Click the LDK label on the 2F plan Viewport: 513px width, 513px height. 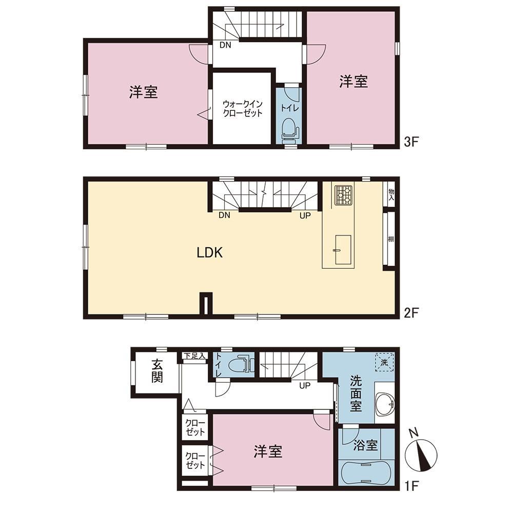(210, 252)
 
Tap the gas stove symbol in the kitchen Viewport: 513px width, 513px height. (344, 195)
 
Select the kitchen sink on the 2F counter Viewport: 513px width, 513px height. (343, 250)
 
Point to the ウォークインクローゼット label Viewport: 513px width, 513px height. (243, 109)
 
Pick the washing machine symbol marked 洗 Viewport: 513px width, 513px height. (384, 362)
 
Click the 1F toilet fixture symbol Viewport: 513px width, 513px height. (242, 364)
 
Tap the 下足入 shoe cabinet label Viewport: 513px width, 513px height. (194, 356)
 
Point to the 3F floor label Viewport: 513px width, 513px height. (411, 142)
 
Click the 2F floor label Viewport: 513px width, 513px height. (411, 313)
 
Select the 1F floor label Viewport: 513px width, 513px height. (411, 486)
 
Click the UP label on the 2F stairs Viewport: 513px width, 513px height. (305, 215)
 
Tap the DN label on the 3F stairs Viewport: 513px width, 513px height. (225, 45)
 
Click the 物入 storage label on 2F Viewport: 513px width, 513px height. (391, 194)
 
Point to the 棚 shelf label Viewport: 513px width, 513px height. (391, 239)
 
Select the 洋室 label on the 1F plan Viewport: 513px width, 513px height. (268, 451)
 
